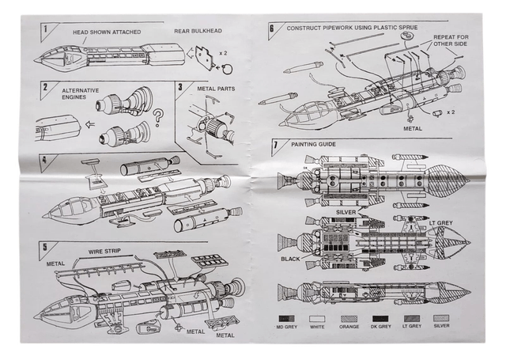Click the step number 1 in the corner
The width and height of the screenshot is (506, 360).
(x=45, y=30)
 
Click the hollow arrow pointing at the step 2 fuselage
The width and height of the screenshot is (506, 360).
(x=88, y=124)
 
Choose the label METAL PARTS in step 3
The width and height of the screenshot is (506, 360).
(x=213, y=89)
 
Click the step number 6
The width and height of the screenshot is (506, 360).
(x=272, y=28)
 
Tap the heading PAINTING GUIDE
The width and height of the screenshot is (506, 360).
(x=311, y=144)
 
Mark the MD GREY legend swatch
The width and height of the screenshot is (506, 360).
(x=282, y=316)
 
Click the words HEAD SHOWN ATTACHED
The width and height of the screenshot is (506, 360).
(x=104, y=33)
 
